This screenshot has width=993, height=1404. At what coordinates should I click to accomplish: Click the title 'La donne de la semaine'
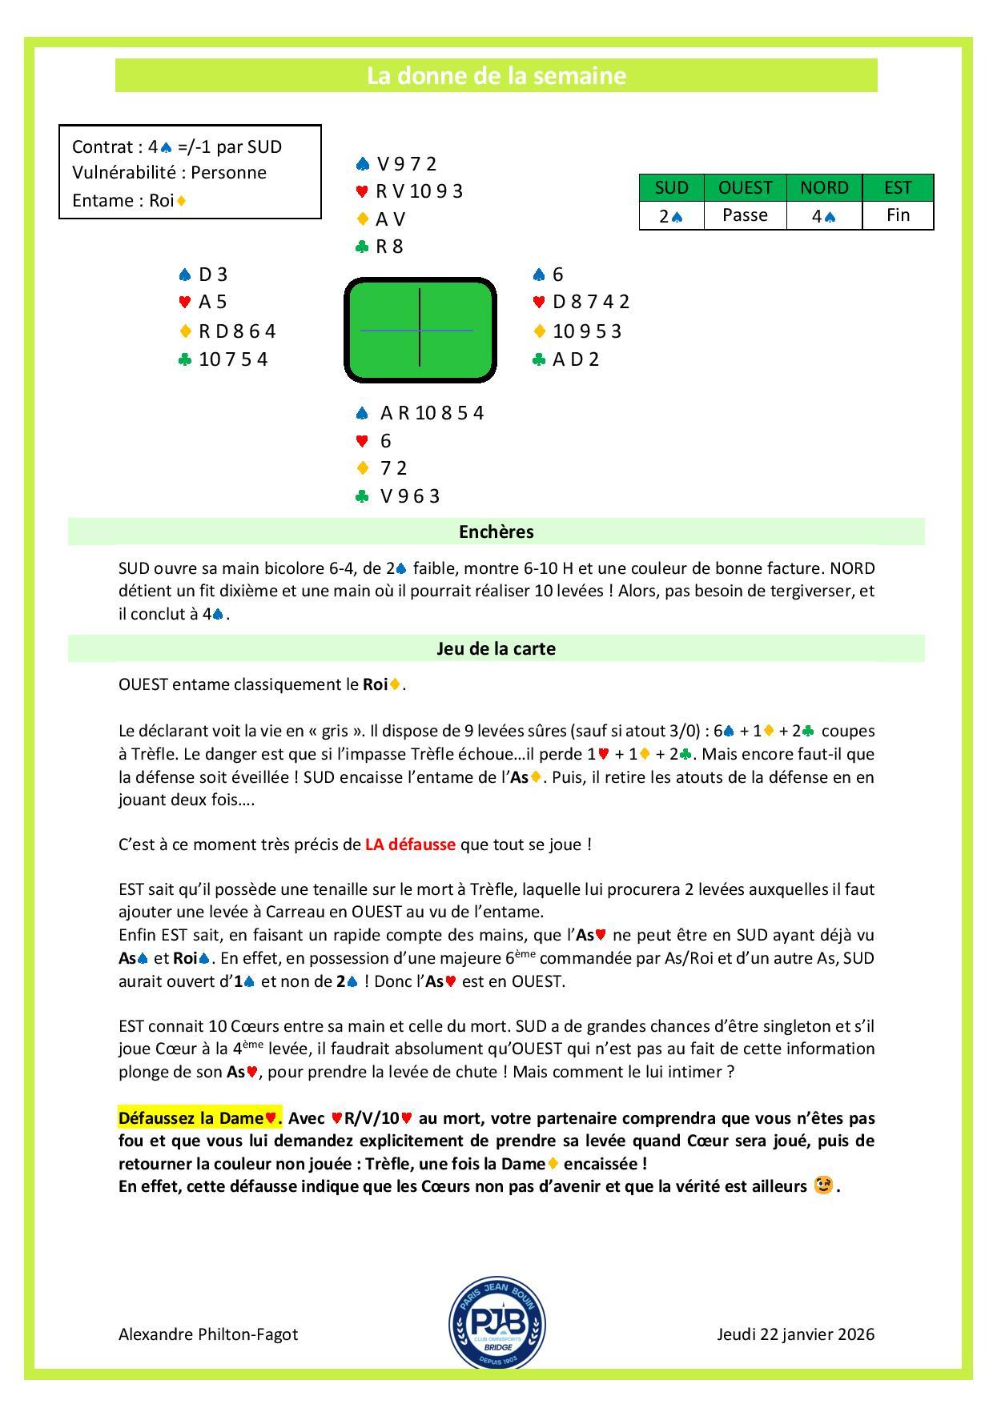click(x=496, y=76)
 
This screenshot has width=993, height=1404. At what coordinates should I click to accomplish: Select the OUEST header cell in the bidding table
click(x=745, y=187)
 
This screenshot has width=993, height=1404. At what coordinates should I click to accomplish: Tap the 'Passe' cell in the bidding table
click(x=745, y=215)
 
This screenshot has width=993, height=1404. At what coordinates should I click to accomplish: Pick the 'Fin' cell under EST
click(x=898, y=215)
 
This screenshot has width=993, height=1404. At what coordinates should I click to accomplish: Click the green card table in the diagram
click(x=420, y=329)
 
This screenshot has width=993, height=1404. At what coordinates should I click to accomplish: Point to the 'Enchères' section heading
click(x=496, y=532)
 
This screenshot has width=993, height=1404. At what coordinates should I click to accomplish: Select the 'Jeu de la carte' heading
click(x=496, y=648)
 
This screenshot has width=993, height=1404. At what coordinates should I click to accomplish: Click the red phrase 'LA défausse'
click(x=410, y=844)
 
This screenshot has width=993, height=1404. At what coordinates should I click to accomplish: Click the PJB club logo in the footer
click(x=496, y=1322)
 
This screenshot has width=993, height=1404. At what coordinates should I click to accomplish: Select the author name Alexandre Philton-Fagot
click(x=208, y=1334)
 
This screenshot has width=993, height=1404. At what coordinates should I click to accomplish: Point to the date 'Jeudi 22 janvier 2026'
click(x=795, y=1334)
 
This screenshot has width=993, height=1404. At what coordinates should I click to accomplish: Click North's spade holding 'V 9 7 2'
click(x=406, y=164)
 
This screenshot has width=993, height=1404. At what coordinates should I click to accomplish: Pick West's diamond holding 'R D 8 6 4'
click(x=237, y=331)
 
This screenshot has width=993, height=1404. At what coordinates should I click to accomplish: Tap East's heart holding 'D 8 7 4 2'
click(x=591, y=302)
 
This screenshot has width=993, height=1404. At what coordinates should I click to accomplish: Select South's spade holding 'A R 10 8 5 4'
click(x=432, y=413)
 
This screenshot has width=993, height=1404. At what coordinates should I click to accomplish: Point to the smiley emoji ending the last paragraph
click(x=822, y=1185)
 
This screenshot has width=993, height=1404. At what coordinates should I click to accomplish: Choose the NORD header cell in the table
click(x=824, y=187)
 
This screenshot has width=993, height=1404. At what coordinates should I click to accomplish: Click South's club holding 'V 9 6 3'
click(x=410, y=496)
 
